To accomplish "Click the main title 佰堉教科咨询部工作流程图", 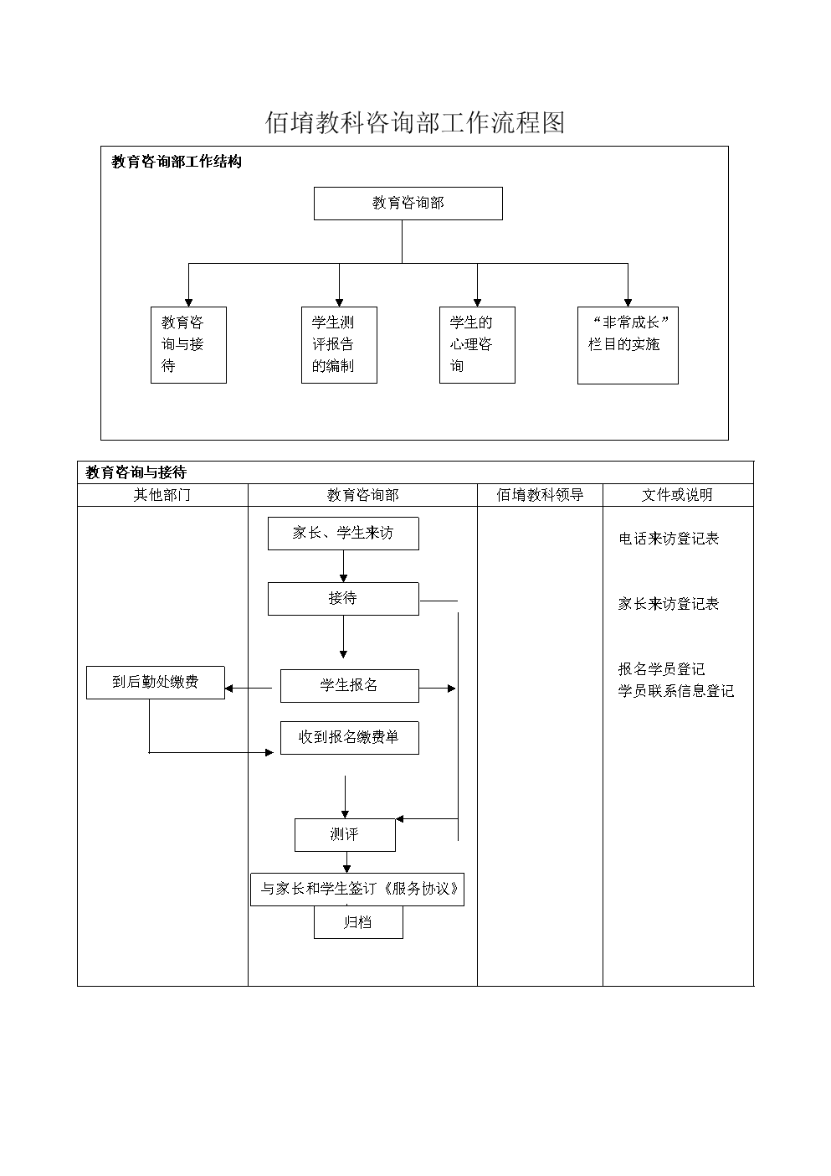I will tap(415, 122).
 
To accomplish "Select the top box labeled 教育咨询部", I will tap(408, 204).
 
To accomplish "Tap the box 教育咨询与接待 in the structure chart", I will tap(188, 345).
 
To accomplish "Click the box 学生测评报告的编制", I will tap(339, 345).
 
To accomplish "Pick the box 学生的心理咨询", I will tap(477, 345).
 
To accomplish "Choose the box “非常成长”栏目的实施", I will tap(628, 345).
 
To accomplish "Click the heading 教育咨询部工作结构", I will tap(177, 162).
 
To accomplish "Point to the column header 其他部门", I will tap(162, 495).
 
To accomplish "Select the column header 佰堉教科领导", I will tap(540, 495).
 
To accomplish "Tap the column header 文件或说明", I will tap(677, 495).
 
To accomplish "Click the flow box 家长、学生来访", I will tap(343, 534).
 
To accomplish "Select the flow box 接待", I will tap(343, 599).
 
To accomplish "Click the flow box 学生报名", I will tap(349, 686).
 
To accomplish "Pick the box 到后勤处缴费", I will tap(156, 683).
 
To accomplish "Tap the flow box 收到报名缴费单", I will tap(349, 738).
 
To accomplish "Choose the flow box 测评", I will tap(345, 835).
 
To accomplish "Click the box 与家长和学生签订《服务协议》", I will tap(357, 890).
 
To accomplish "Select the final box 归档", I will tap(358, 923).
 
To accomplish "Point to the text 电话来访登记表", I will tap(669, 539).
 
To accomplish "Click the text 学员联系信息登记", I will tap(675, 692).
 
